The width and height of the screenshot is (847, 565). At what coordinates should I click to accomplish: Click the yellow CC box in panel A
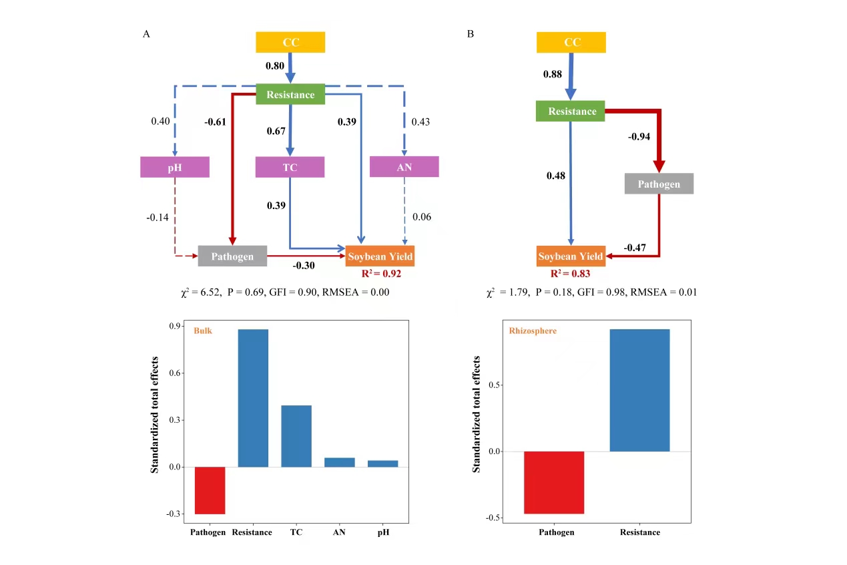(290, 42)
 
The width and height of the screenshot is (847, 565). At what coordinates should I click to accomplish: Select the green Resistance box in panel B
(570, 111)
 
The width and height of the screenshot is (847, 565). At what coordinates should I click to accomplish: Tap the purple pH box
(175, 167)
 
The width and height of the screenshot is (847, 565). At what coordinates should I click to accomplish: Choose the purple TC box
(290, 167)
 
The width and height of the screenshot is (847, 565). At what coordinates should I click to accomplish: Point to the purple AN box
(404, 167)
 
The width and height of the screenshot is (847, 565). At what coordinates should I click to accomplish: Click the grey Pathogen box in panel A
(232, 256)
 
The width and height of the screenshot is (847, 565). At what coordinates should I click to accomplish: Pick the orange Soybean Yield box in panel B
(571, 256)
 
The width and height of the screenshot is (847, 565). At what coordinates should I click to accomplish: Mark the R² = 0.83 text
(570, 272)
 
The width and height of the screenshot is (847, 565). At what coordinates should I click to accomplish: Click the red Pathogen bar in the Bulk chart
(210, 490)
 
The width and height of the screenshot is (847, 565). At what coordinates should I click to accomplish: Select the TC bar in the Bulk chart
(296, 436)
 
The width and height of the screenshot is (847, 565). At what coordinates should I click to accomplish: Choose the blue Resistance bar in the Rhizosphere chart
(639, 390)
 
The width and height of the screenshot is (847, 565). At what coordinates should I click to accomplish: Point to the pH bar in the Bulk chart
(382, 463)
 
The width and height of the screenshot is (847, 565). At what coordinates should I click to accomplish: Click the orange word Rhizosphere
(533, 331)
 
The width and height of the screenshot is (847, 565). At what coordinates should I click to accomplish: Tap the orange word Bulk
(203, 331)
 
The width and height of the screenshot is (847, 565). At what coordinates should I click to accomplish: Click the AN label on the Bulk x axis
(339, 532)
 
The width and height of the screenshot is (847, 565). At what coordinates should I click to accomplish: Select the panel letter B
(471, 33)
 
